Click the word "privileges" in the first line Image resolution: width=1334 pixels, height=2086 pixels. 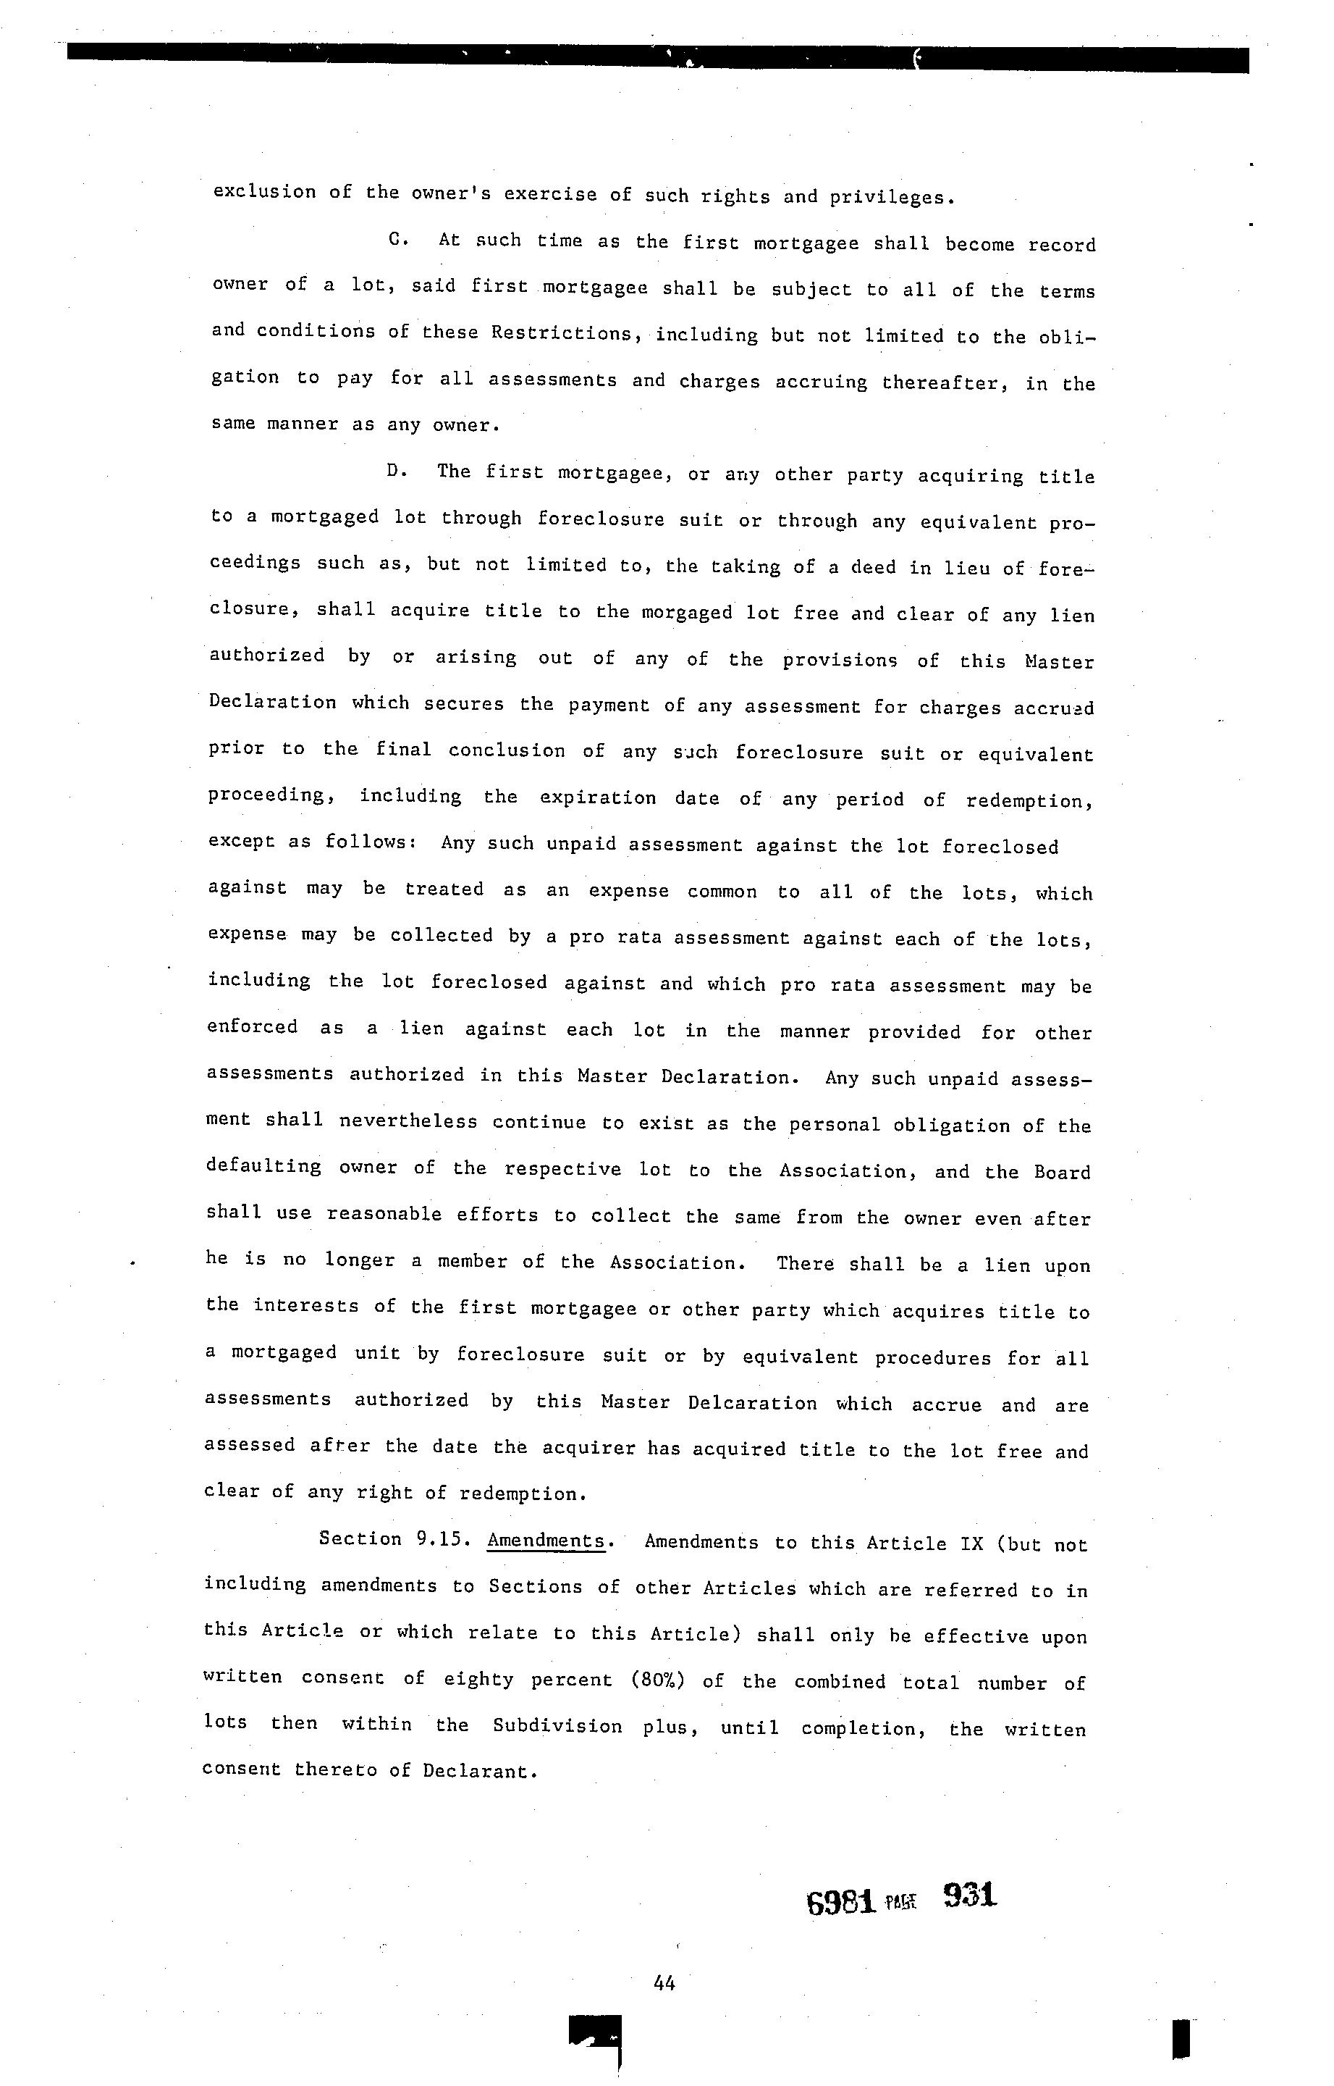(891, 198)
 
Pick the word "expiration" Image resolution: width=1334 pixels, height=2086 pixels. (598, 797)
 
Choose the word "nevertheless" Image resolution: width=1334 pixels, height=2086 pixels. (408, 1121)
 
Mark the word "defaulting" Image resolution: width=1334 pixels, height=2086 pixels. (263, 1167)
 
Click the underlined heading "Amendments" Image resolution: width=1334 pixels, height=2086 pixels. (546, 1541)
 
